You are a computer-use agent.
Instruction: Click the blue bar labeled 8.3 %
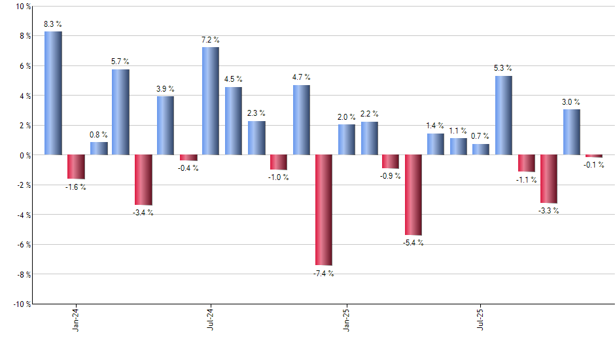click(53, 93)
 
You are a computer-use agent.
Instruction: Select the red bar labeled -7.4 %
click(324, 210)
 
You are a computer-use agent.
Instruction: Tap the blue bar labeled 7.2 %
click(211, 101)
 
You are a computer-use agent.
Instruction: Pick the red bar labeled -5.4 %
click(413, 195)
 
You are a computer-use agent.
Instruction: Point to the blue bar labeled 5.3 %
click(504, 115)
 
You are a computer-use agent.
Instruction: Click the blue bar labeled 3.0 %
click(571, 132)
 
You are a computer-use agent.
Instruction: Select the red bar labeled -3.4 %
click(143, 180)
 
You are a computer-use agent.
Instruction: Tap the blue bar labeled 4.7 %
click(301, 120)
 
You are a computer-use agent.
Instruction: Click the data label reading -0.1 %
click(594, 164)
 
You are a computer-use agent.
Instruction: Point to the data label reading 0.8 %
click(99, 135)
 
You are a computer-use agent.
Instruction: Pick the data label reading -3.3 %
click(549, 210)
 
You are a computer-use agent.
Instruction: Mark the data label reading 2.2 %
click(369, 114)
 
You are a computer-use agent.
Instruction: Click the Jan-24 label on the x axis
click(76, 318)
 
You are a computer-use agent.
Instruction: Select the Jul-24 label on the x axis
click(211, 318)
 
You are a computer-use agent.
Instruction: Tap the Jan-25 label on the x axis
click(346, 318)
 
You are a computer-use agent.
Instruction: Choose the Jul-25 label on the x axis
click(481, 318)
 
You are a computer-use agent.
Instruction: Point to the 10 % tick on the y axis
click(23, 7)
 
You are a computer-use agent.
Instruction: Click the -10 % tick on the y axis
click(22, 304)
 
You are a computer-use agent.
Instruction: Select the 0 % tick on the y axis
click(25, 155)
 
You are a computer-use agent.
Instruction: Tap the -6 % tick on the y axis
click(23, 245)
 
